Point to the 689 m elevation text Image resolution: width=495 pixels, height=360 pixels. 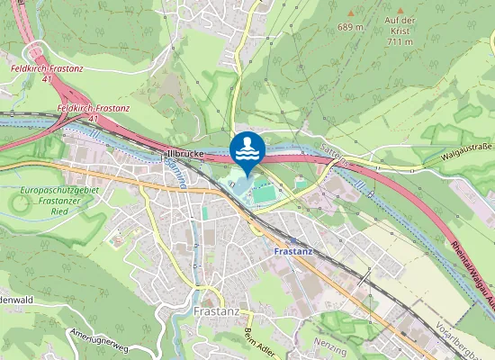pos(350,27)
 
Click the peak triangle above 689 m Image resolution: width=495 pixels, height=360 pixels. pos(350,13)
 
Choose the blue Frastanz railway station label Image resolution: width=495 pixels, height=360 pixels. pos(292,251)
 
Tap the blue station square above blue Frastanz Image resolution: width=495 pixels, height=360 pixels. pos(293,239)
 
